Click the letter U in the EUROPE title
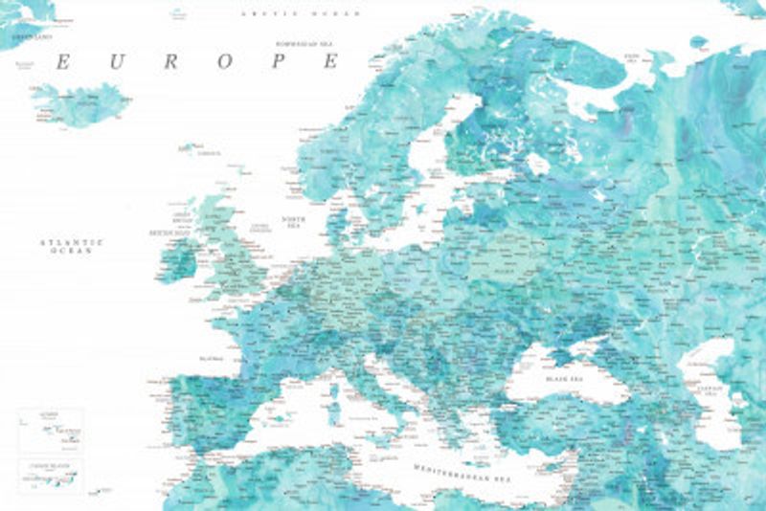[x=117, y=62]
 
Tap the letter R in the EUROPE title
[x=171, y=62]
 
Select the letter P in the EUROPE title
[x=280, y=62]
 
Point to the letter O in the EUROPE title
[x=226, y=62]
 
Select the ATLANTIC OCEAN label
[x=72, y=246]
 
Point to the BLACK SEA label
[x=565, y=380]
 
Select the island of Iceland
[x=81, y=103]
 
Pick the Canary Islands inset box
[x=51, y=475]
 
